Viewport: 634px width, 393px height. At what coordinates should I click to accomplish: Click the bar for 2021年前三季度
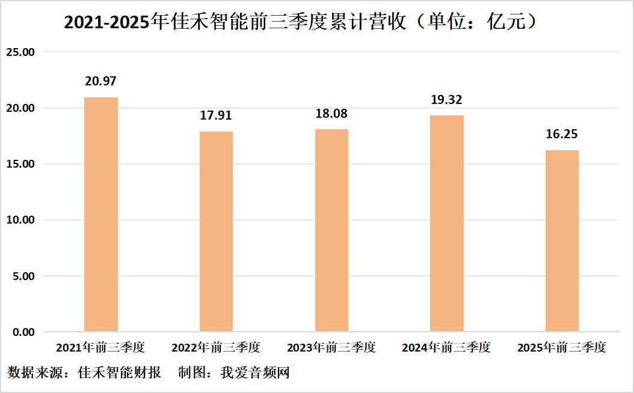101,215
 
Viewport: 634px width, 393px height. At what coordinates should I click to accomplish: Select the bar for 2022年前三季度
216,231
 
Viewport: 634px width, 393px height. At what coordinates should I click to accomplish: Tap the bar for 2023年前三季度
331,231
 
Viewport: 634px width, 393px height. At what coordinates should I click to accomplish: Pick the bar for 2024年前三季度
447,224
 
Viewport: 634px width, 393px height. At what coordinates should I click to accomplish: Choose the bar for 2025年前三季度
562,241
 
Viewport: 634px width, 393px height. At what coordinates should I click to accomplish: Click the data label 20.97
101,81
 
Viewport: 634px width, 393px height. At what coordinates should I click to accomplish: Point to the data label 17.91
216,115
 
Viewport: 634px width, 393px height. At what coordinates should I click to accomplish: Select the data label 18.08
331,114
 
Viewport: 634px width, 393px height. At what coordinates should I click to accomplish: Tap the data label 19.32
447,100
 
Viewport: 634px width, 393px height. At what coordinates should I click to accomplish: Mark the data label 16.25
562,134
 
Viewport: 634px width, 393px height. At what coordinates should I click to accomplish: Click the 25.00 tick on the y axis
20,52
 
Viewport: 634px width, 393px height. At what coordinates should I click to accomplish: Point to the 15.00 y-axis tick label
20,164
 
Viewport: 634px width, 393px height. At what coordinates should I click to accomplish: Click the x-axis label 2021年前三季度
100,347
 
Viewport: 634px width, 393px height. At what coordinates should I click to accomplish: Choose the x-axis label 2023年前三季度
331,347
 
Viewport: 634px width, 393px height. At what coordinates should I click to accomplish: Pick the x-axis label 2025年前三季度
562,347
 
